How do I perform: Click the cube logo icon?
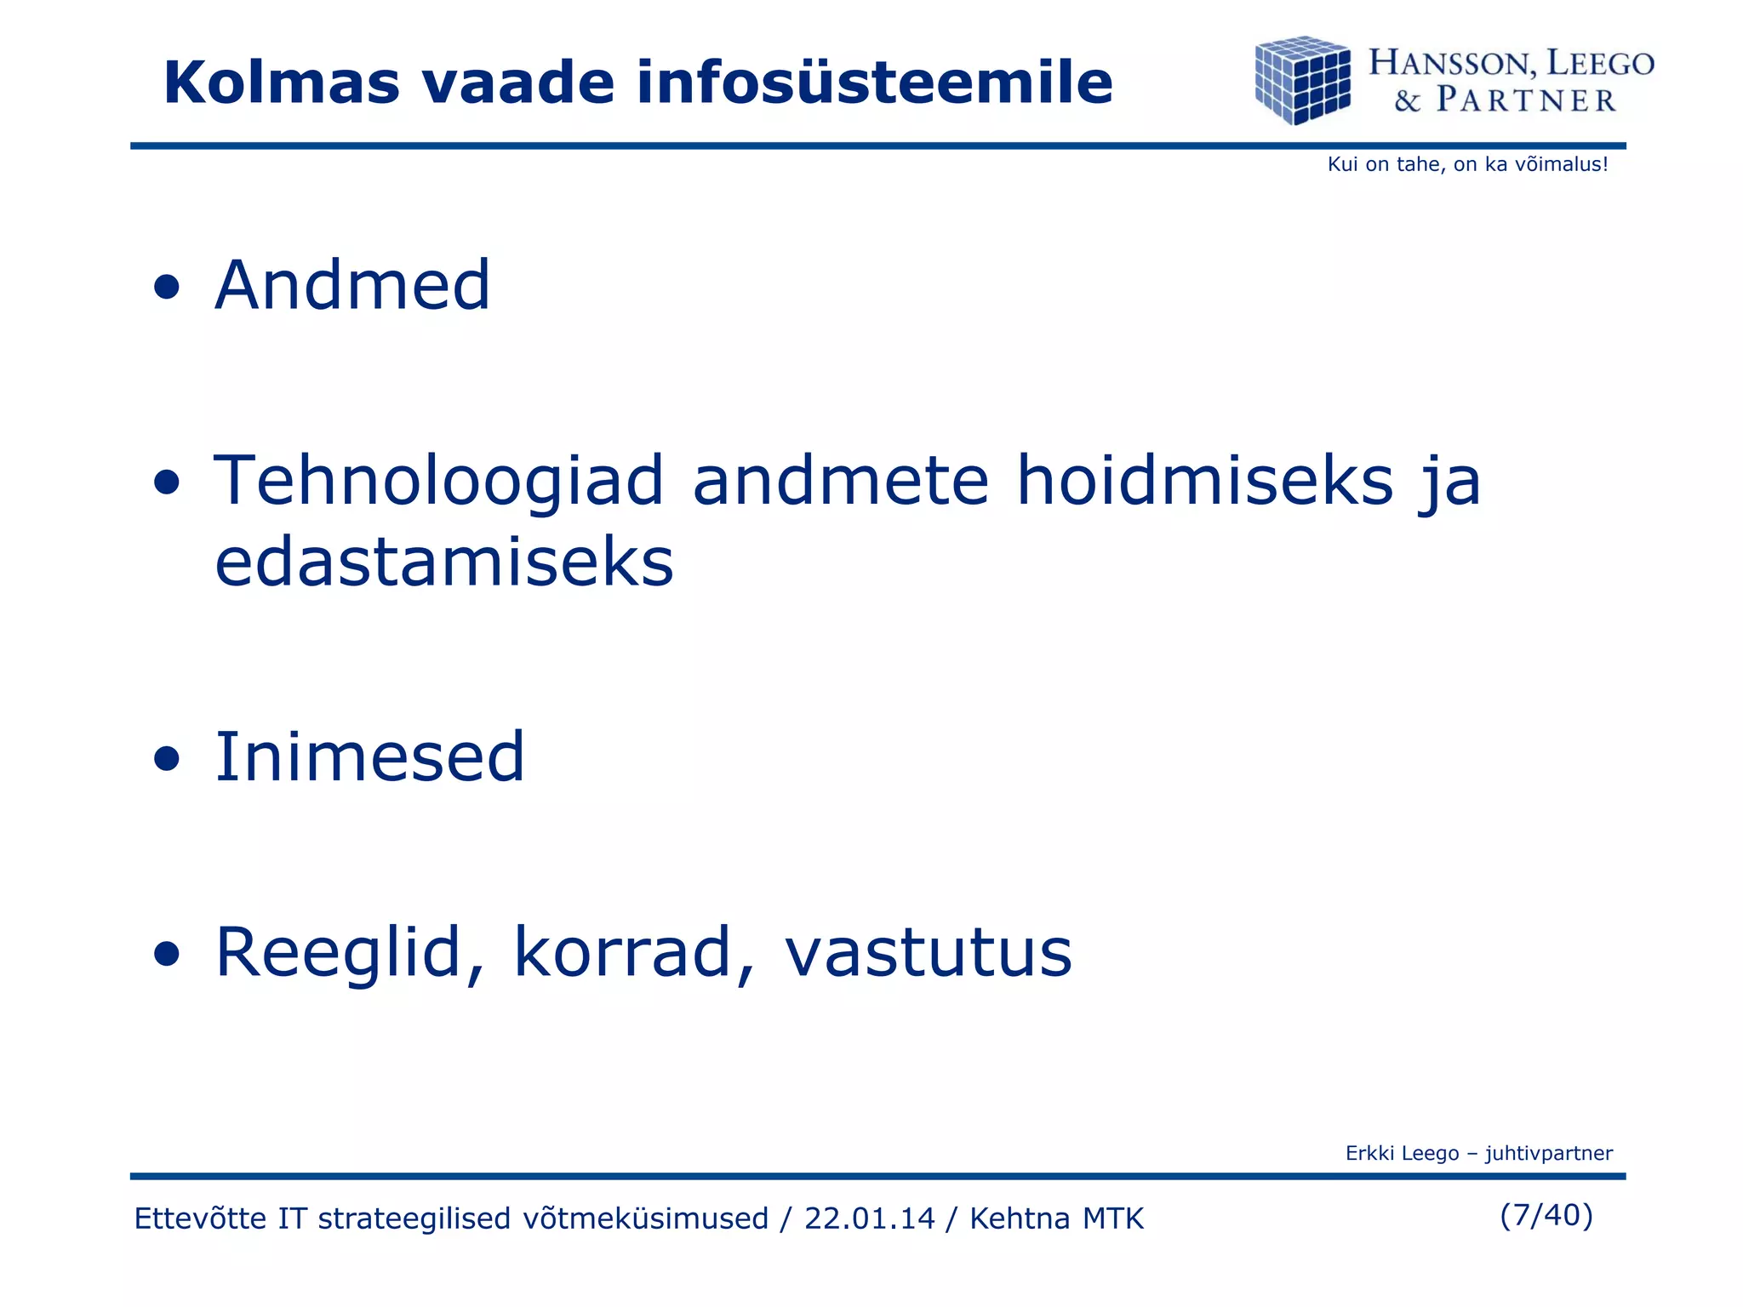pos(1302,80)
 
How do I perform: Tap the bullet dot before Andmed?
pos(168,288)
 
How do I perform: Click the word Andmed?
pos(352,285)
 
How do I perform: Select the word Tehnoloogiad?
pos(438,482)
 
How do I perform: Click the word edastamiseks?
pos(444,562)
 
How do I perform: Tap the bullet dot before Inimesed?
pos(168,759)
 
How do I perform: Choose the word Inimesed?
pos(369,756)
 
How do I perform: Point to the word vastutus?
pos(928,953)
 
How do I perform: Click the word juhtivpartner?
pos(1549,1153)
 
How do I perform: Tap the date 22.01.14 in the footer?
pos(869,1219)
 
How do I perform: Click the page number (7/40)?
pos(1546,1215)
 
